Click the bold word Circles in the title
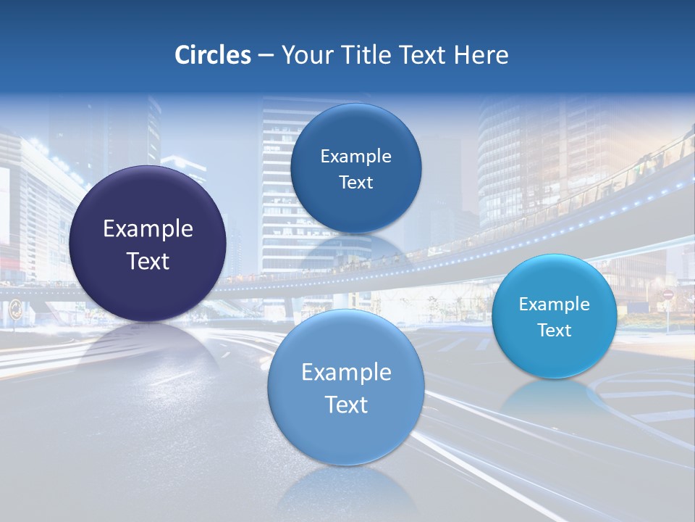coord(212,55)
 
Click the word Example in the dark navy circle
coord(148,229)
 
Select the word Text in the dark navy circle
coord(148,261)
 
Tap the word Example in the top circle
coord(355,156)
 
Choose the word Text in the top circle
coord(355,183)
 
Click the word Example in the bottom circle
coord(346,373)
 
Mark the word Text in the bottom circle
coord(346,405)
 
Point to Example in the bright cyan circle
coord(554,304)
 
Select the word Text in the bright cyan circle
coord(554,331)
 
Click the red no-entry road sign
coord(667,296)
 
